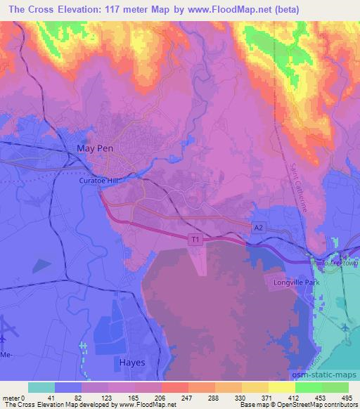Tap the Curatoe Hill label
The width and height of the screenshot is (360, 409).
click(x=97, y=181)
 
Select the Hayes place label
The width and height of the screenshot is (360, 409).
click(x=127, y=363)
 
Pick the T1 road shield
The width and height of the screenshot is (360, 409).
click(x=196, y=240)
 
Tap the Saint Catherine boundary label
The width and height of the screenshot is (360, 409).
click(x=297, y=178)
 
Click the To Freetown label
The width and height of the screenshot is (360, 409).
click(x=340, y=262)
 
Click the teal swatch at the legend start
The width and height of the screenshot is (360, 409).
click(x=41, y=387)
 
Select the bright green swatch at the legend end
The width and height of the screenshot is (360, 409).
click(x=335, y=387)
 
